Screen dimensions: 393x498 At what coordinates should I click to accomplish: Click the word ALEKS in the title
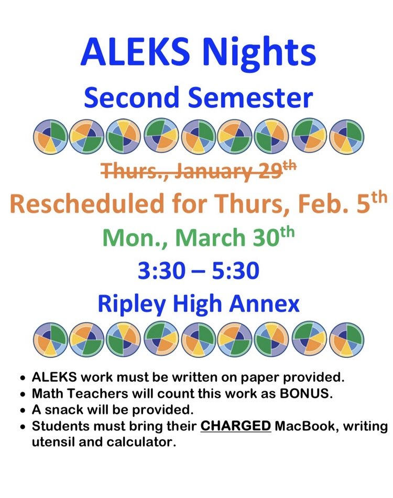[x=135, y=51]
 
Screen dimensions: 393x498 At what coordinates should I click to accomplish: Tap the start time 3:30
[x=161, y=271]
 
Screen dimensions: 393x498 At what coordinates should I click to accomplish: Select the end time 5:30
[x=235, y=271]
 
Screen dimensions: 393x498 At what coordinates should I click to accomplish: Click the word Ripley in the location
[x=132, y=305]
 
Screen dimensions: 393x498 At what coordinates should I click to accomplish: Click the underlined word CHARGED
[x=235, y=426]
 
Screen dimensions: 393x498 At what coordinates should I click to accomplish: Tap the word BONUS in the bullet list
[x=306, y=393]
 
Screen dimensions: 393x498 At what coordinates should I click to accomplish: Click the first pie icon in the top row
[x=50, y=137]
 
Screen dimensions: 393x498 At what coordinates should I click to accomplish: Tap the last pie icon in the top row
[x=346, y=137]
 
